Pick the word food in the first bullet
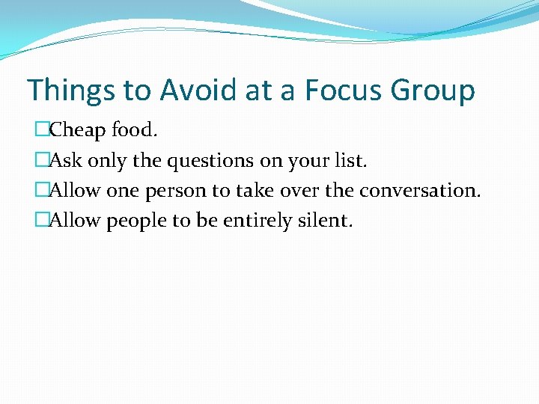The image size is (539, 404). click(x=134, y=131)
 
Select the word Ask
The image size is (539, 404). click(x=64, y=161)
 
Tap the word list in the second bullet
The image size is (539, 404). click(x=353, y=161)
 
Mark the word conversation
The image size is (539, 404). click(x=419, y=192)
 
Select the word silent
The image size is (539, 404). click(x=324, y=221)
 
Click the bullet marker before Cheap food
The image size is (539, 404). click(x=41, y=131)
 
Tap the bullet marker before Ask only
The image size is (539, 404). click(x=41, y=161)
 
